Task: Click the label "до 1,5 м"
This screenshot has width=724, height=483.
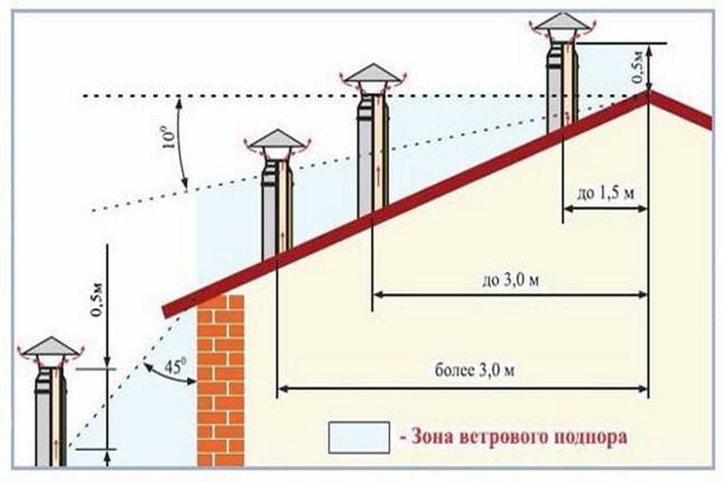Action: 606,194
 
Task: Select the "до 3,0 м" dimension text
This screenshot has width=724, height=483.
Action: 511,280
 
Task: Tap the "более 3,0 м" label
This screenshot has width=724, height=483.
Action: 475,370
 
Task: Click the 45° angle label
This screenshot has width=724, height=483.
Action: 175,366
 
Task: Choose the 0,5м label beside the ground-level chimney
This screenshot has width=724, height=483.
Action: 97,300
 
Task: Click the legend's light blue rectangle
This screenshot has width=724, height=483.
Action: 359,437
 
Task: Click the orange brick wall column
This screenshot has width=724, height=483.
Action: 221,381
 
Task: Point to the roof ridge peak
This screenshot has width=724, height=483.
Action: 648,92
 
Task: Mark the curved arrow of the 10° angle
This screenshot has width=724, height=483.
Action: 181,143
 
